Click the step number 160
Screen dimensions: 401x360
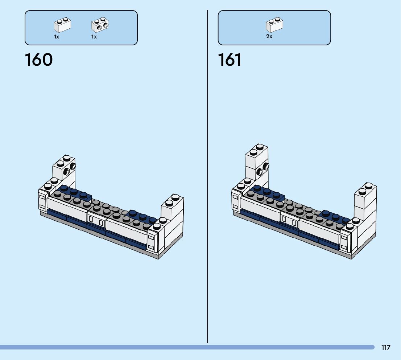pyautogui.click(x=39, y=60)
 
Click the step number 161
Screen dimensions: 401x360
pyautogui.click(x=230, y=60)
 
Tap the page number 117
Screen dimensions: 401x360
pyautogui.click(x=386, y=347)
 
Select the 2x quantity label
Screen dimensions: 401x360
pyautogui.click(x=269, y=37)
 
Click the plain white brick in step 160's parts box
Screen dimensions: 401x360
pyautogui.click(x=62, y=25)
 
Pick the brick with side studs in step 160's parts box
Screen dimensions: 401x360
pyautogui.click(x=100, y=25)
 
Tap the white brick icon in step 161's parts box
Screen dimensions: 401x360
pyautogui.click(x=274, y=25)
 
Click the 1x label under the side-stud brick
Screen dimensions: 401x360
pyautogui.click(x=94, y=37)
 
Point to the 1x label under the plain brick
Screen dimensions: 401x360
pyautogui.click(x=57, y=37)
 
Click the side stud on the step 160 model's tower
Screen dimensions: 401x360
pyautogui.click(x=72, y=167)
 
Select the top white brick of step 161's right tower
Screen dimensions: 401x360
pyautogui.click(x=365, y=194)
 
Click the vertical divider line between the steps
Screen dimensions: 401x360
pyautogui.click(x=208, y=174)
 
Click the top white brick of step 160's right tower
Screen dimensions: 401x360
pyautogui.click(x=172, y=205)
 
